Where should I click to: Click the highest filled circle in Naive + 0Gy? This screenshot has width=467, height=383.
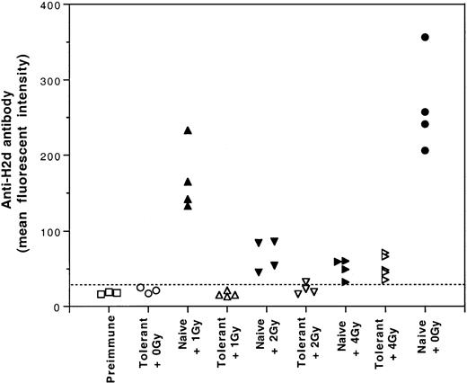[x=425, y=37]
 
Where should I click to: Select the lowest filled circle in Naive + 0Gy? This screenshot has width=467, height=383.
[x=425, y=150]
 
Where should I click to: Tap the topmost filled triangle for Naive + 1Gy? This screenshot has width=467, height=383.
[x=188, y=130]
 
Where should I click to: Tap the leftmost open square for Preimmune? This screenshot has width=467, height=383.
[x=101, y=294]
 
